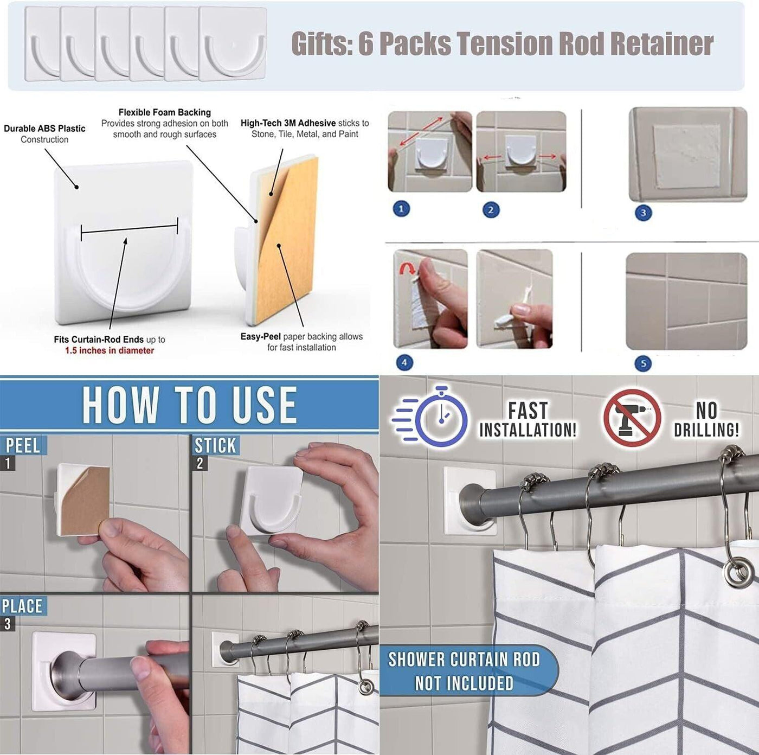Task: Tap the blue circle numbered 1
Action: tap(401, 209)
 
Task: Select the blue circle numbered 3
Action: tap(643, 213)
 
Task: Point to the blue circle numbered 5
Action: tap(643, 363)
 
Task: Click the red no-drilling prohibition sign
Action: tap(632, 418)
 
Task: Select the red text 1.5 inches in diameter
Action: tap(110, 350)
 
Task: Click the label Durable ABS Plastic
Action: tap(44, 129)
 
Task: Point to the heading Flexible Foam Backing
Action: tap(165, 112)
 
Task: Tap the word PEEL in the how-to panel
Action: tap(22, 446)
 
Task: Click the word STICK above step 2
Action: tap(215, 445)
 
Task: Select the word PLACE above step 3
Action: tap(22, 606)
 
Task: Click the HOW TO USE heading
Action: tap(189, 405)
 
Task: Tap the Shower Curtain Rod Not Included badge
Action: tap(464, 671)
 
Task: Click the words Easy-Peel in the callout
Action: tap(261, 336)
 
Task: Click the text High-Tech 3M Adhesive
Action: tap(288, 123)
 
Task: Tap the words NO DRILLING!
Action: tap(706, 420)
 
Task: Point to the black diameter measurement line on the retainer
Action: tap(130, 228)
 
